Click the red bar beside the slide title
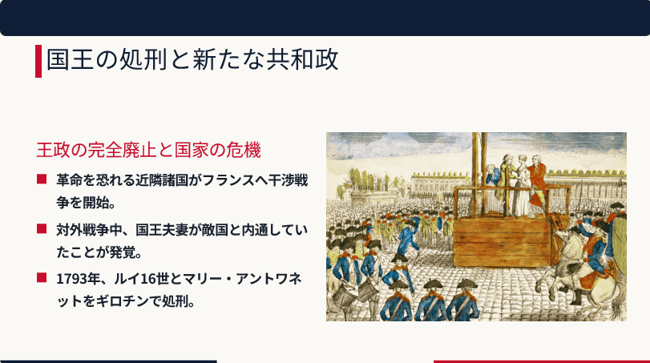pyautogui.click(x=38, y=61)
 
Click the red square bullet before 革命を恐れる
pyautogui.click(x=42, y=179)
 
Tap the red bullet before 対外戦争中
pyautogui.click(x=42, y=228)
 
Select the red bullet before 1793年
pyautogui.click(x=42, y=277)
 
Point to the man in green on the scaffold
pyautogui.click(x=506, y=183)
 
